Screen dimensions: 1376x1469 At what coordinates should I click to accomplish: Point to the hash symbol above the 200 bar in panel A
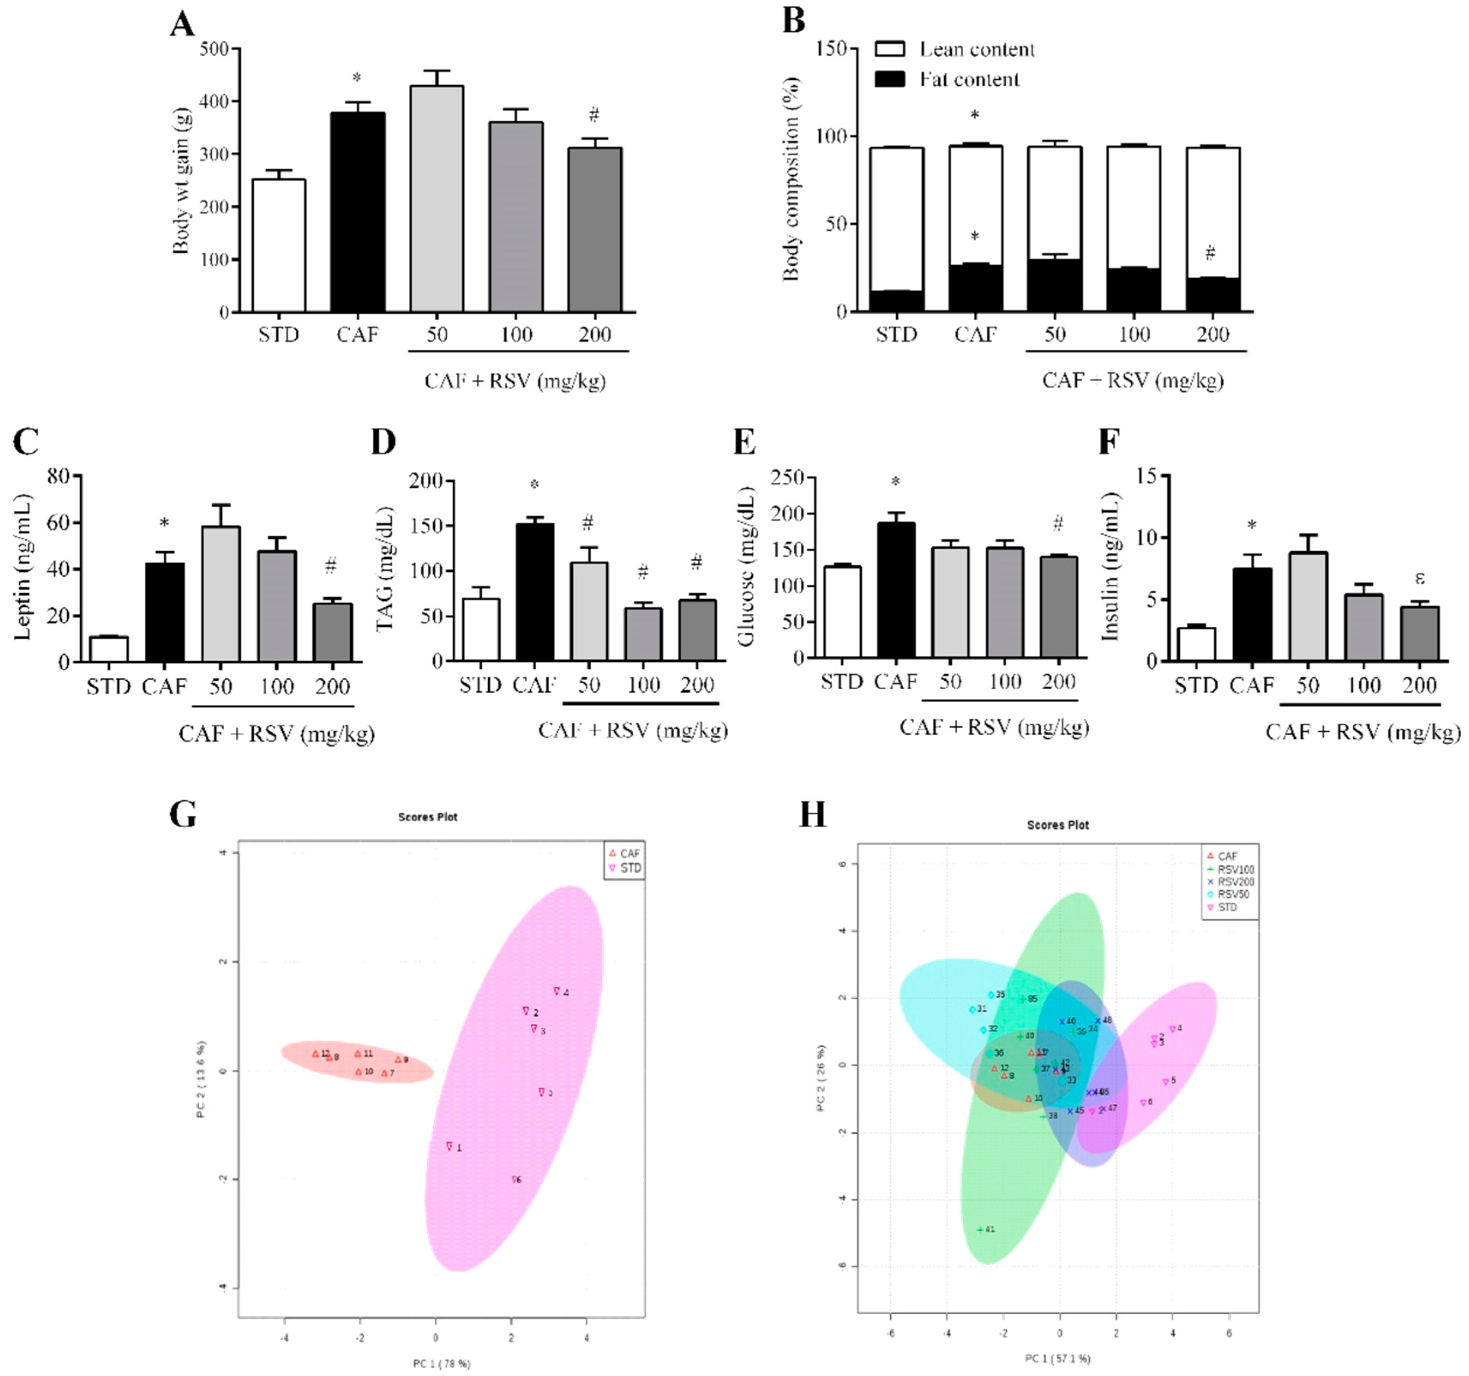click(594, 114)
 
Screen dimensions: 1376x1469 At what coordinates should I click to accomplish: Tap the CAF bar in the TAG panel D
click(534, 591)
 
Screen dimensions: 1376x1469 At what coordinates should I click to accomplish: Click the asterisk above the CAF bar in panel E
click(895, 482)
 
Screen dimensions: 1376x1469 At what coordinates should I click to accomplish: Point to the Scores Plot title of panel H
click(1057, 825)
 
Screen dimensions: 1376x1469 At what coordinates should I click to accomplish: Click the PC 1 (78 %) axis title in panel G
click(441, 1363)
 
